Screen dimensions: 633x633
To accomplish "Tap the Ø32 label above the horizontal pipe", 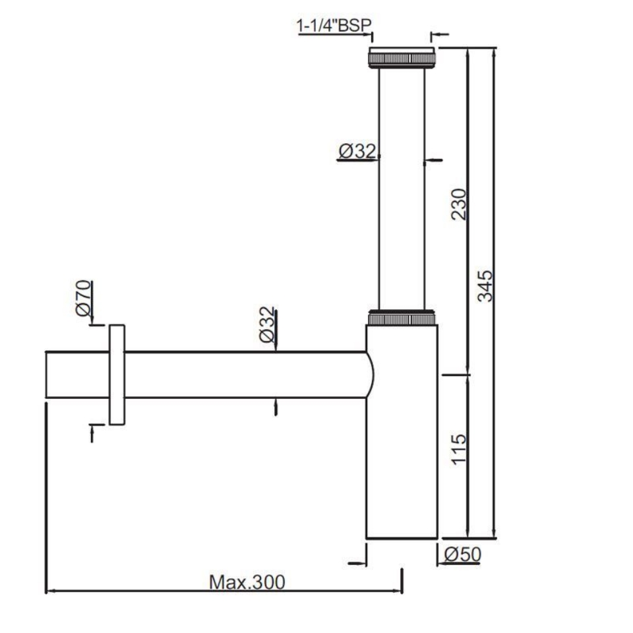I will (266, 324).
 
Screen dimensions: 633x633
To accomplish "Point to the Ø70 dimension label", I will (83, 299).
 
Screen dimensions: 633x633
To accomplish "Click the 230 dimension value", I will (460, 204).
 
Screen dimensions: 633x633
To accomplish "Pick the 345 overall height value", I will (485, 285).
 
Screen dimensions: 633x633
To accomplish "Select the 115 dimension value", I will (460, 448).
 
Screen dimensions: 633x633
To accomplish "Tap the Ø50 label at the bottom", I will (462, 555).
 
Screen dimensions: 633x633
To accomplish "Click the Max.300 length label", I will (247, 582).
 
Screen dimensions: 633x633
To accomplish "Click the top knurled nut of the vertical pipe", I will (402, 57).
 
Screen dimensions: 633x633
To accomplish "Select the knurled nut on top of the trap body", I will (402, 318).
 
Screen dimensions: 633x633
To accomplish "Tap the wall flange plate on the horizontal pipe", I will (117, 375).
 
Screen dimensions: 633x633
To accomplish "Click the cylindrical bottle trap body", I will (402, 448).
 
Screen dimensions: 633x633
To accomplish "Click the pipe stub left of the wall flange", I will (76, 375).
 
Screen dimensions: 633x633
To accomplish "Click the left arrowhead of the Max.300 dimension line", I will (50, 591).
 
